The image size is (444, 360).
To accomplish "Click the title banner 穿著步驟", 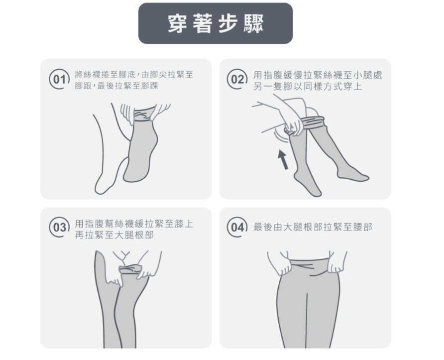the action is pos(215,23).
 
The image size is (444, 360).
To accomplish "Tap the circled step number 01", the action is pos(59,80).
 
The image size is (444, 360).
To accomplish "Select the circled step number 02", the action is pos(237,80).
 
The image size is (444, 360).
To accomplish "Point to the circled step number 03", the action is pos(59,228).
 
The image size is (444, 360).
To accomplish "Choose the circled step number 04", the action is pos(237,227).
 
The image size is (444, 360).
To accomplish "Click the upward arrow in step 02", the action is pos(283,160).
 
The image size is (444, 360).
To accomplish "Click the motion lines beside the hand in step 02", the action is pos(280,137).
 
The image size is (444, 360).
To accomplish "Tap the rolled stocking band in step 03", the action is pos(130,268).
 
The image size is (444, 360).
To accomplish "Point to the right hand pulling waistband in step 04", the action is pos(336,262).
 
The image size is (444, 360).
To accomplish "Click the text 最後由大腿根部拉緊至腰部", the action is pos(313,227).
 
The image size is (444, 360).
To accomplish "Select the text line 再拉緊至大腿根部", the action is pos(114,235).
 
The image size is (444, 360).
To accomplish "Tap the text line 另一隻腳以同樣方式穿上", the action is pos(308,86).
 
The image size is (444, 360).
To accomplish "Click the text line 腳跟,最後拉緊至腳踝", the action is pos(116,86).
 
